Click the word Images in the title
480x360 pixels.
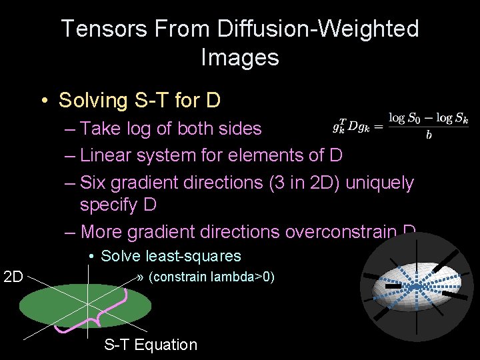coord(239,57)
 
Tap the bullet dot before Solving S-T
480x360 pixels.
coord(43,101)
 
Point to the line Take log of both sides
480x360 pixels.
coord(171,128)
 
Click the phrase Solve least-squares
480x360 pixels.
coord(171,256)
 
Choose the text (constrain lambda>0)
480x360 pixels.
coord(211,277)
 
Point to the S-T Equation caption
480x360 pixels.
coord(151,345)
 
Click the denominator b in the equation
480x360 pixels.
coord(427,136)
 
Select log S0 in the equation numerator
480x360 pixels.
coord(405,119)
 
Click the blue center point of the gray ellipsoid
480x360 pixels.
coord(415,287)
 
